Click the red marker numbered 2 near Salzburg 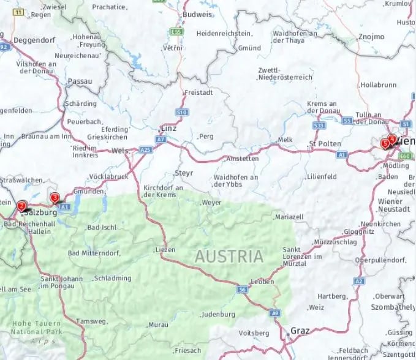(x=21, y=207)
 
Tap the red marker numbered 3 (x=55, y=198)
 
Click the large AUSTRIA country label (x=229, y=257)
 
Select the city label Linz (x=168, y=129)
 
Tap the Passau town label (x=80, y=81)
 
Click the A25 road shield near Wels (x=145, y=149)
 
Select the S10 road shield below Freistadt (x=182, y=113)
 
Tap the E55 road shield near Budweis (x=177, y=31)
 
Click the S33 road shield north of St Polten (x=318, y=126)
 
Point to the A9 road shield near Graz (x=275, y=313)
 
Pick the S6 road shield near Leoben (x=243, y=288)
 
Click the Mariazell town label (x=290, y=217)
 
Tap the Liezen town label (x=165, y=249)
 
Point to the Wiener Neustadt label (x=390, y=205)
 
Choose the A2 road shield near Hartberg (x=359, y=282)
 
